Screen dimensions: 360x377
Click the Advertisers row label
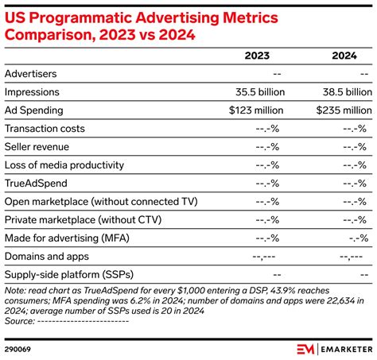32,73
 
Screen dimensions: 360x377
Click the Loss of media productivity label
64,165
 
